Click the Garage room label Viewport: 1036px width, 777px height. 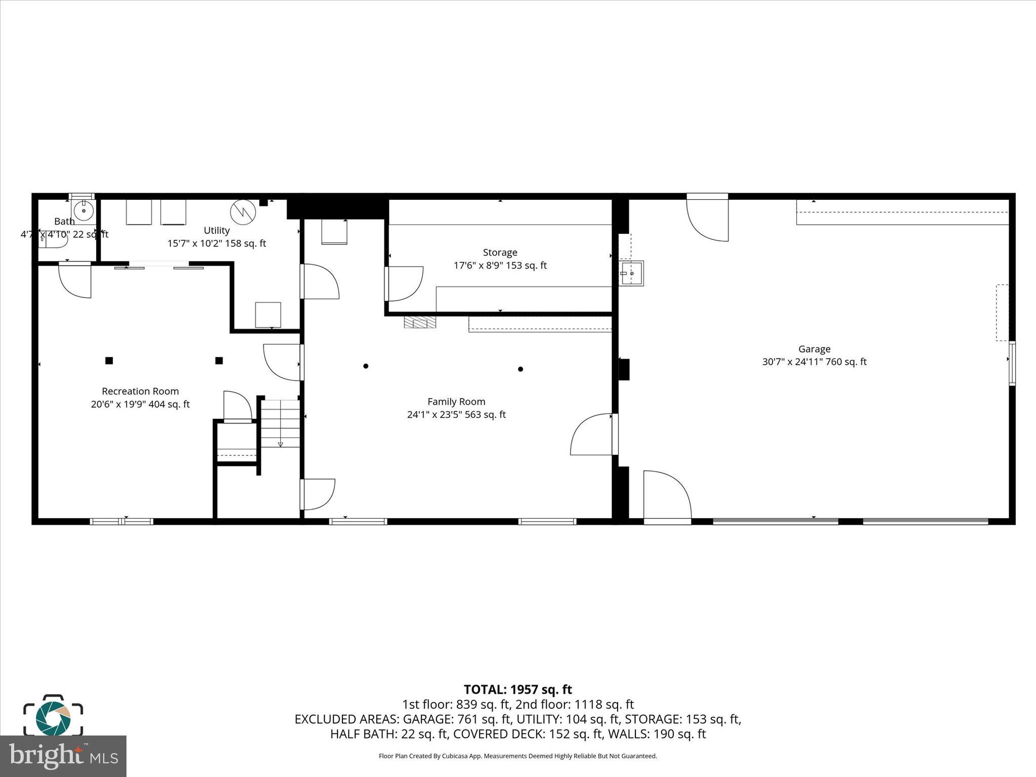click(x=814, y=349)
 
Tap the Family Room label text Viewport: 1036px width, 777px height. click(x=456, y=402)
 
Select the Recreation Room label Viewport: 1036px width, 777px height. click(x=140, y=391)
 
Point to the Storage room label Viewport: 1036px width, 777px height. click(x=500, y=252)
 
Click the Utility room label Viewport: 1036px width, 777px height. click(x=217, y=230)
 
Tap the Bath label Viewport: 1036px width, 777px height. click(x=64, y=221)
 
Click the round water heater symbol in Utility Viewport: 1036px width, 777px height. click(x=243, y=212)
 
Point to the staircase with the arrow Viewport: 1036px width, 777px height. click(x=280, y=423)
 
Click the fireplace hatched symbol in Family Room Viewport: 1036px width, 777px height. click(x=419, y=323)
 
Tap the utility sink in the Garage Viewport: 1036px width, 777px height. click(x=631, y=273)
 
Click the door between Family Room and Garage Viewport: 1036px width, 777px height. click(x=592, y=435)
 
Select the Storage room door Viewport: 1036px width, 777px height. click(x=404, y=284)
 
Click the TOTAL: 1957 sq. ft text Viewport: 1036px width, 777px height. click(x=517, y=689)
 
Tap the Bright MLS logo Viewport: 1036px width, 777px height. click(x=63, y=756)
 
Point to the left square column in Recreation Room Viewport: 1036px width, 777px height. click(x=109, y=361)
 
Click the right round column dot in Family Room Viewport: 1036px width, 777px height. click(x=520, y=369)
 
